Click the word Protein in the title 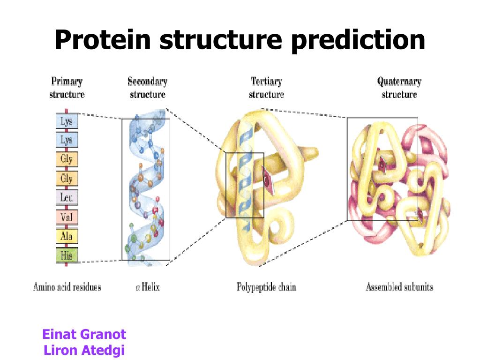(104, 40)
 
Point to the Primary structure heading (67, 88)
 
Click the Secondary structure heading (147, 88)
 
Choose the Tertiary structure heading (266, 88)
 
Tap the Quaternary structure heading (399, 88)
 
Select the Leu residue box (67, 198)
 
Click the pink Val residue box (67, 217)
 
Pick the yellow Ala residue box (67, 236)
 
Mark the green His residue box (67, 255)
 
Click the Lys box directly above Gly (67, 140)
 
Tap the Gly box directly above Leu (67, 179)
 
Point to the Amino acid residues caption (67, 286)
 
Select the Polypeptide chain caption (266, 286)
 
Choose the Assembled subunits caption (399, 286)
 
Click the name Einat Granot (84, 335)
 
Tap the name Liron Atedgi (84, 350)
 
